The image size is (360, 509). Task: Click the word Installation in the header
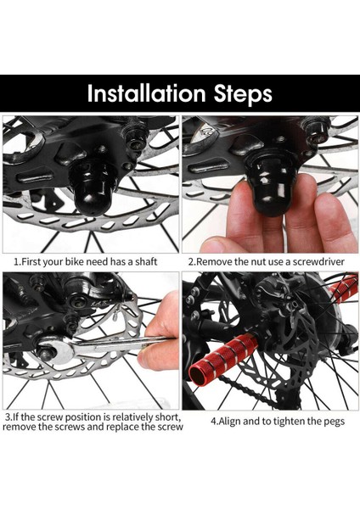(x=147, y=93)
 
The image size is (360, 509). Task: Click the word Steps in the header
(x=243, y=94)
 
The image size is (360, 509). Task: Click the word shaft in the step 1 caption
(x=146, y=261)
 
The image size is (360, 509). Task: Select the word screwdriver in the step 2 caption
(x=318, y=261)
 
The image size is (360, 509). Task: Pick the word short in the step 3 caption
(x=167, y=417)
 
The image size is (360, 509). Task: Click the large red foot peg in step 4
(x=223, y=358)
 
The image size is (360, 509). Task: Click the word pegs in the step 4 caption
(x=333, y=422)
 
